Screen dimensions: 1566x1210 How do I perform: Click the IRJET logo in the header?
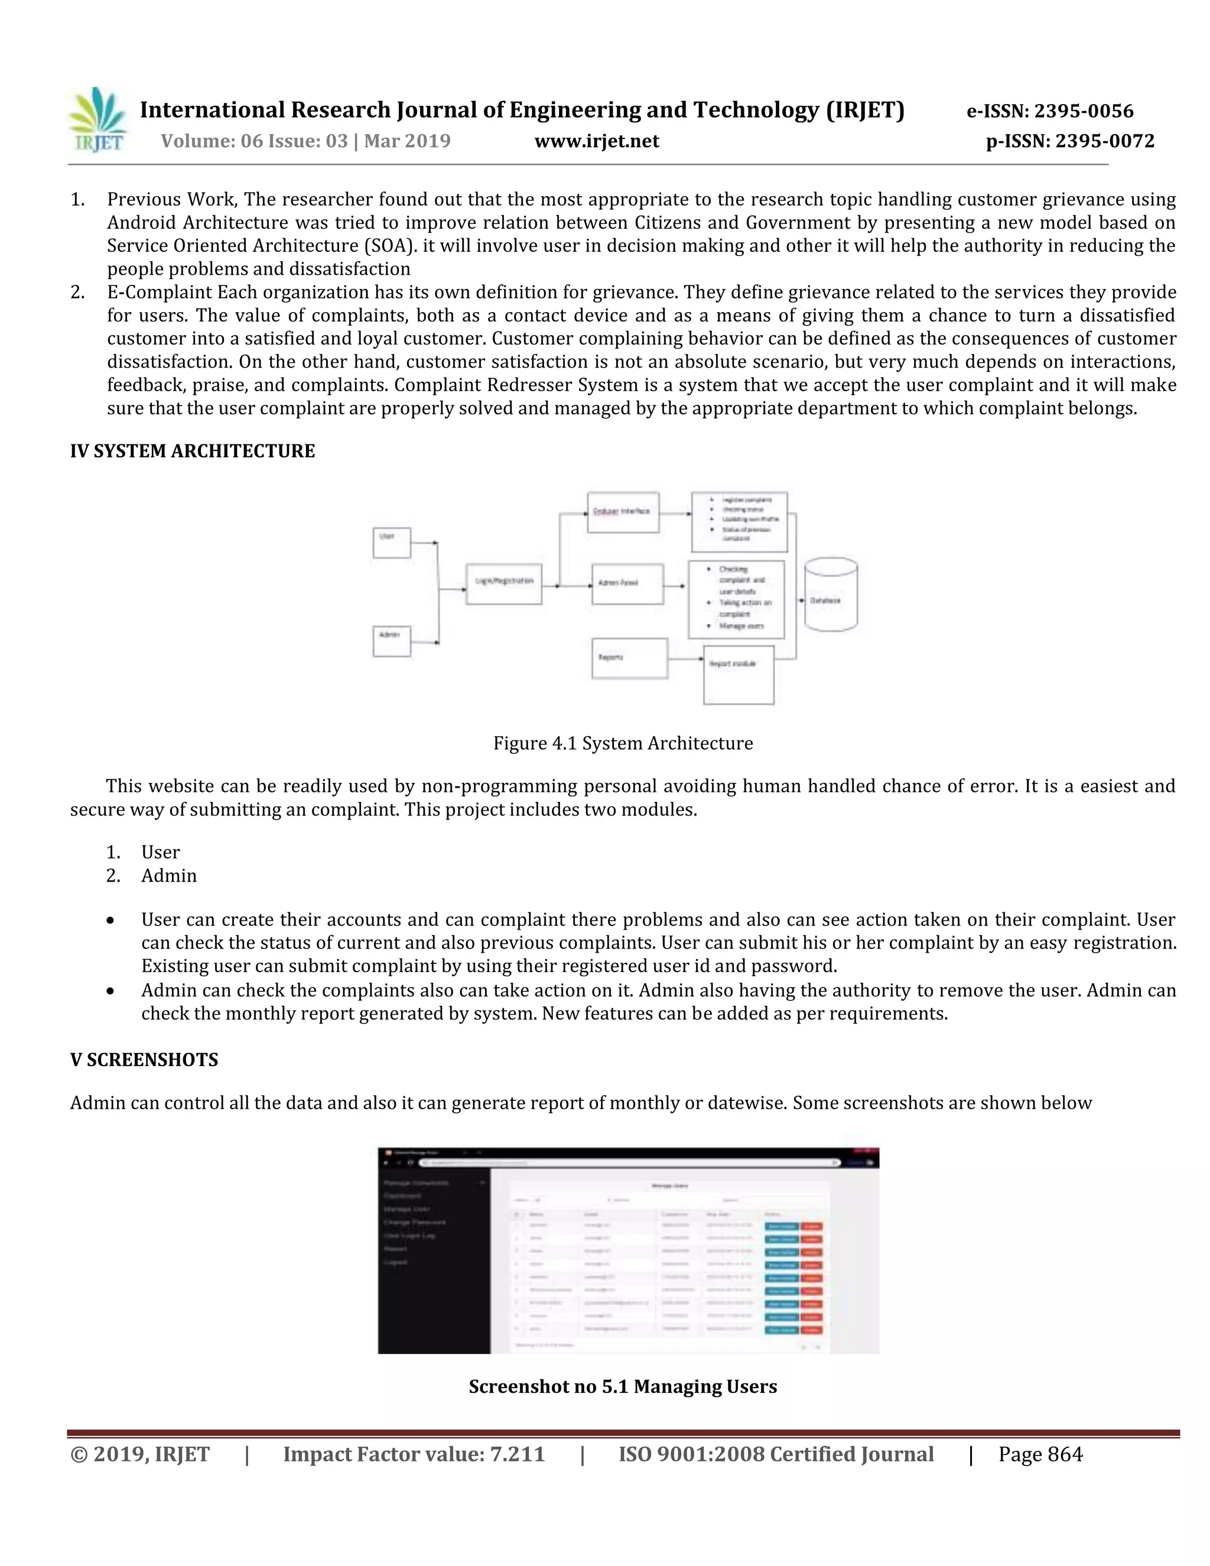pos(97,120)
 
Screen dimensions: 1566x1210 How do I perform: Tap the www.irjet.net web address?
pos(596,141)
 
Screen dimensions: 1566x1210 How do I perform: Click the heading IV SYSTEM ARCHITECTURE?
pos(192,451)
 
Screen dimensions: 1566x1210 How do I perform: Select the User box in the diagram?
pos(391,543)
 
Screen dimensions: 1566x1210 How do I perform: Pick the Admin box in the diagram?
pos(391,641)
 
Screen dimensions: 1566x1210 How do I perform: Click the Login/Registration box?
pos(504,584)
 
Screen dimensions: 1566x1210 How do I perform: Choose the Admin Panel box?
pos(627,584)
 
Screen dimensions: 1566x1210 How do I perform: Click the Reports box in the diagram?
pos(629,658)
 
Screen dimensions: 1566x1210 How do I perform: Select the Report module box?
pos(739,675)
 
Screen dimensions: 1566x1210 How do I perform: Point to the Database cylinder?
pos(831,595)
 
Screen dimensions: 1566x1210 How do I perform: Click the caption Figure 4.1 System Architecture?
pos(622,743)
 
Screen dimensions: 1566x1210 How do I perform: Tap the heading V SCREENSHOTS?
pos(144,1060)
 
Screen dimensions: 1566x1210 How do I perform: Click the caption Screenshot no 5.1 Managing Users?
pos(622,1387)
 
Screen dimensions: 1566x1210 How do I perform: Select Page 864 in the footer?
pos(1040,1455)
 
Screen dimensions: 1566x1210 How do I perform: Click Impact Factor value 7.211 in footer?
pos(414,1455)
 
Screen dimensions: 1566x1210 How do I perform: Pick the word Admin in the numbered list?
pos(169,876)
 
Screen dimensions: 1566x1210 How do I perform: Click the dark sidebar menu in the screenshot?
pos(434,1262)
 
